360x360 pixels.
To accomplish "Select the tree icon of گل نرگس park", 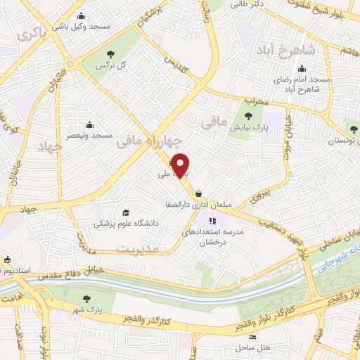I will [x=109, y=54].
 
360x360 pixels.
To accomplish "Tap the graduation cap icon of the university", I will [x=126, y=212].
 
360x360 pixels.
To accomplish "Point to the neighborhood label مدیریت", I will [x=138, y=250].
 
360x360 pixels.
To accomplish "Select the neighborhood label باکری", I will [x=30, y=33].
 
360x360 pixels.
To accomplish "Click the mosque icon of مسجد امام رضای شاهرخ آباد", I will [x=302, y=69].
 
